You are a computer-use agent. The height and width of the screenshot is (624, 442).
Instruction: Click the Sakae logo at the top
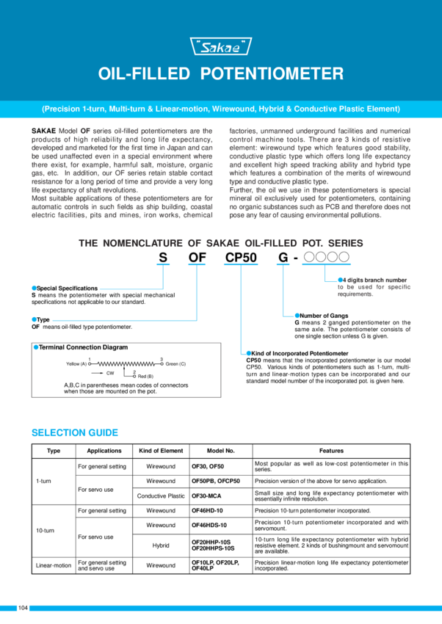coord(221,47)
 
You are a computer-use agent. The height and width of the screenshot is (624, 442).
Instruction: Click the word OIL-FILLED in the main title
coord(144,74)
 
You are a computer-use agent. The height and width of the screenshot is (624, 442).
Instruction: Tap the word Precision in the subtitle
coord(62,109)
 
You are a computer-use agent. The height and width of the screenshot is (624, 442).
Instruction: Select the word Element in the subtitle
coord(384,109)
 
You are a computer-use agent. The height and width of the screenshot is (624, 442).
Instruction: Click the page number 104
coord(23,608)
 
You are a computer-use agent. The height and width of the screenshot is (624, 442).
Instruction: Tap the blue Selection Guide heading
coord(74,432)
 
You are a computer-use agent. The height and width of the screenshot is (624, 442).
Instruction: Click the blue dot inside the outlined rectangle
coord(35,347)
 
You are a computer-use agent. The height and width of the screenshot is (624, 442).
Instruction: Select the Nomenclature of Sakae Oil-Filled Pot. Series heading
coord(221,244)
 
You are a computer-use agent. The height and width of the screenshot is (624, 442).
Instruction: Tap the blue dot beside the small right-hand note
coord(340,280)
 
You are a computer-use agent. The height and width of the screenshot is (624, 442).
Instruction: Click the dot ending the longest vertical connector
coord(248,353)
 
